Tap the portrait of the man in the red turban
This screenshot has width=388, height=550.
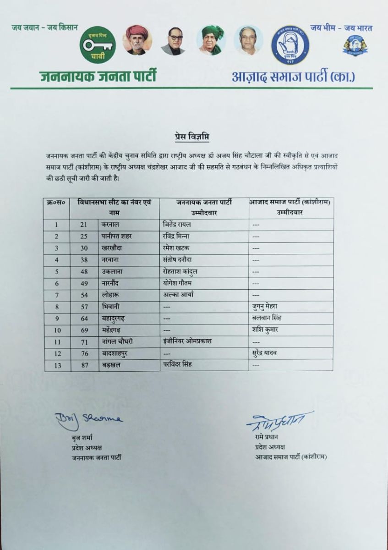point(137,40)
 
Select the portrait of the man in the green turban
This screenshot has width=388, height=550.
point(213,40)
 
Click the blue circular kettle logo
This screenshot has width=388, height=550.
point(290,45)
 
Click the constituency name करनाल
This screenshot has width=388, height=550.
point(112,225)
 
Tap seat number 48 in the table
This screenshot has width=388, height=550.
point(84,271)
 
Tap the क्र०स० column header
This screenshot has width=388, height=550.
point(56,202)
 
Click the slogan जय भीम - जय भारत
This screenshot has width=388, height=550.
point(341,28)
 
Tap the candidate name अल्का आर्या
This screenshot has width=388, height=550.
point(178,295)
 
